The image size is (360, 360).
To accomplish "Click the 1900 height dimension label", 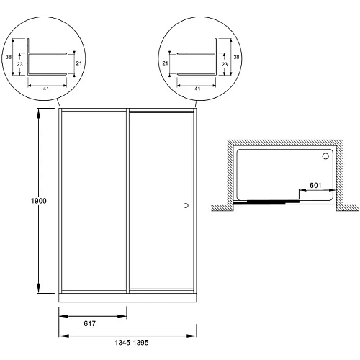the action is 39,201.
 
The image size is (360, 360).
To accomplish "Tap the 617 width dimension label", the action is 90,324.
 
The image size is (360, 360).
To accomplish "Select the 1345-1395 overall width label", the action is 132,343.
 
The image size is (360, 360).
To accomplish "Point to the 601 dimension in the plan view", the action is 315,185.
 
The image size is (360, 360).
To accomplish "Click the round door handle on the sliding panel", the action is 186,205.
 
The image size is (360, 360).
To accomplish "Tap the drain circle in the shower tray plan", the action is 325,156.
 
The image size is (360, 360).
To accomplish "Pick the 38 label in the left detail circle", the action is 9,57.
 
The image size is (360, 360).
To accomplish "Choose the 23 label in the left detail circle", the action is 19,64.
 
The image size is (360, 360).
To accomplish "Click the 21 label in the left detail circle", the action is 79,63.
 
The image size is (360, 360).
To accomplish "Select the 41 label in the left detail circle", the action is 46,89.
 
